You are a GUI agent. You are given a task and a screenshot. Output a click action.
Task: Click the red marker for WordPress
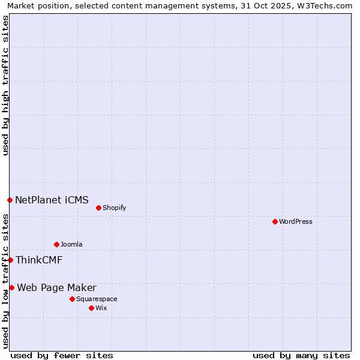coord(275,221)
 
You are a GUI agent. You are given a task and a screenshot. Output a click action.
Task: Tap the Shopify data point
coord(98,208)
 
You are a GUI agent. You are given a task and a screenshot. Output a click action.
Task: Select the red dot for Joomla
coord(56,244)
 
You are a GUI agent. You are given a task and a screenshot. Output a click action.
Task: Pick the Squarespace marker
coord(72,299)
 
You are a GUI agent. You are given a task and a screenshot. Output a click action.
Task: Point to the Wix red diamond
coord(91,308)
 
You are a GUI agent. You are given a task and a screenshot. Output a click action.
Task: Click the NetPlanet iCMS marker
coord(10,200)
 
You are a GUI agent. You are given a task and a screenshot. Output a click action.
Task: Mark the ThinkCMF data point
coord(10,260)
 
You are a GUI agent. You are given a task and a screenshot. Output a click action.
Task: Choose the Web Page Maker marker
coord(11,287)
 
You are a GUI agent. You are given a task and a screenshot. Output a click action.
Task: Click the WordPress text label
coord(296,221)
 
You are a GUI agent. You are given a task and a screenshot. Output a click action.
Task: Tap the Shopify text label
coord(114,208)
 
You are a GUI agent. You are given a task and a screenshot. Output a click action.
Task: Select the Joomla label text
coord(71,244)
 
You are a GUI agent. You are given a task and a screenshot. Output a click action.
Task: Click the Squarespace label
coord(97,299)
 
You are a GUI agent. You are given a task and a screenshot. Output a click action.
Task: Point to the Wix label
coord(101,308)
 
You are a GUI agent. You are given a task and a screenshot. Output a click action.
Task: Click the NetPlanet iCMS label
coord(52,200)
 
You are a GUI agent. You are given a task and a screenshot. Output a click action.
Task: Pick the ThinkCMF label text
coord(39,260)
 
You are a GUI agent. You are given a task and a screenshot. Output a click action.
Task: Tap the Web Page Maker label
coord(56,287)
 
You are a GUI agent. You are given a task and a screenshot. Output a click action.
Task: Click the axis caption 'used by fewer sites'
coord(62,355)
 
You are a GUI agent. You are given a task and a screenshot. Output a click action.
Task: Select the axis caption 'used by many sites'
coord(301,355)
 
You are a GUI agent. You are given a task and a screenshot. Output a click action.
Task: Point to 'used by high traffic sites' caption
coord(5,85)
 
